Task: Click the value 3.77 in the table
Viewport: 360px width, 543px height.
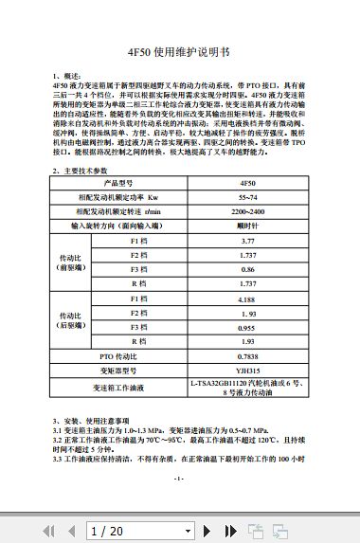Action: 247,242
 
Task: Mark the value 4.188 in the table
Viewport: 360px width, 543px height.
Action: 247,299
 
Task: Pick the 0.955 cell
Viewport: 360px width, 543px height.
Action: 247,326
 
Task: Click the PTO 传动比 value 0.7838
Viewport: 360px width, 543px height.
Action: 247,355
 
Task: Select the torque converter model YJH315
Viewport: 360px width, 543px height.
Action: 247,371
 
